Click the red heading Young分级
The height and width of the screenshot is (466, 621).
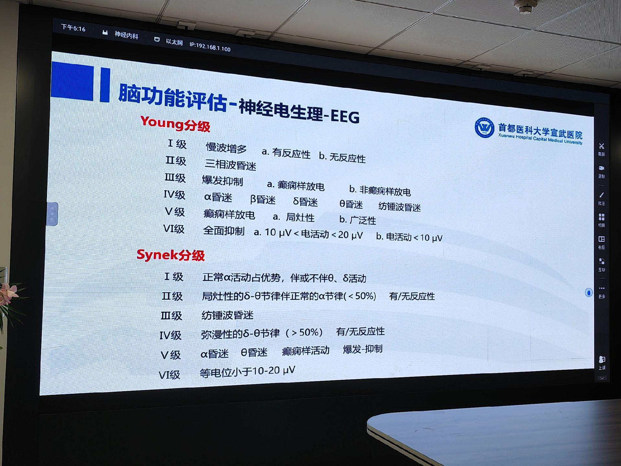coord(175,124)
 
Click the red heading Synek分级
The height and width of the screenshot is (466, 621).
coord(171,255)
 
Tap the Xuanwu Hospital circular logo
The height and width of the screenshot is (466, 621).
coord(484,127)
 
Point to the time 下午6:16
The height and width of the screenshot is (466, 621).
coord(73,28)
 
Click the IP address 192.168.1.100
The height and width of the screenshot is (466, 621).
coord(210,47)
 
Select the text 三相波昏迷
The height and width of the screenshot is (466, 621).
coord(230,165)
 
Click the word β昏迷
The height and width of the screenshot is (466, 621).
coord(263,200)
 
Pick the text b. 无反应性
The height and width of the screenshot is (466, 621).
coord(342,157)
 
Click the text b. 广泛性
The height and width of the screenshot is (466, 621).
coord(358,220)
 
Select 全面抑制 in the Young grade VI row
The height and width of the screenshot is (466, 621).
coord(224,231)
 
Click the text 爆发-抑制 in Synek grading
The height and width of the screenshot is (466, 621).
coord(363,349)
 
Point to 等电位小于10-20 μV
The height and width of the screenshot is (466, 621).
coord(247,371)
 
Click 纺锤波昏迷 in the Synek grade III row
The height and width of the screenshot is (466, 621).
coord(227,315)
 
